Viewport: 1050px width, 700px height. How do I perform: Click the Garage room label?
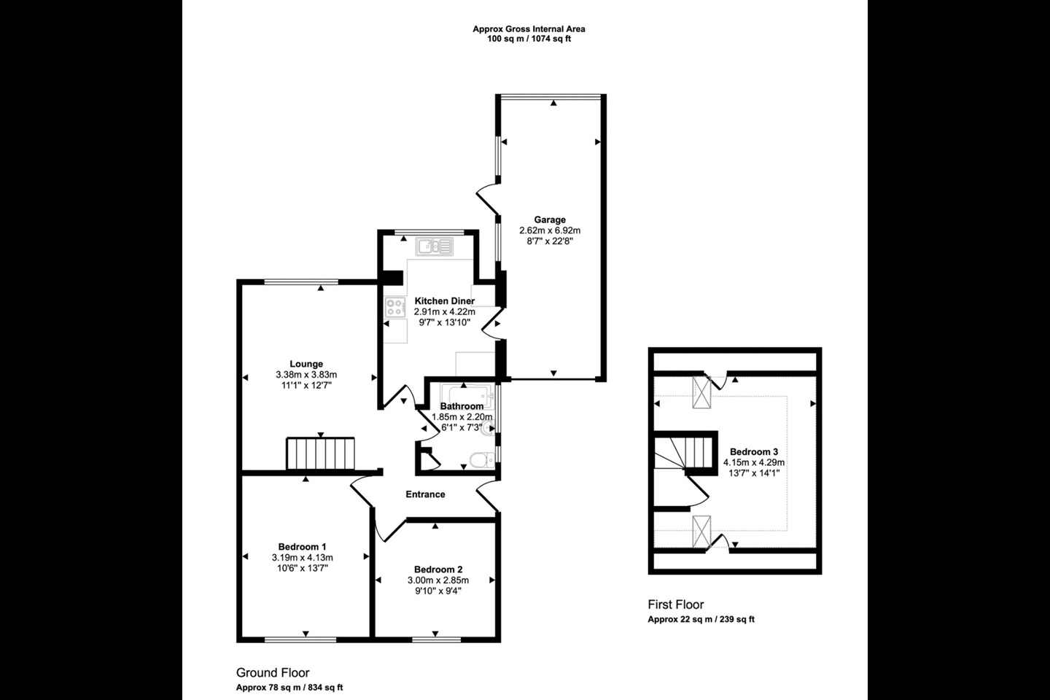(x=550, y=219)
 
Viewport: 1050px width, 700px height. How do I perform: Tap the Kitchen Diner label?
(x=444, y=301)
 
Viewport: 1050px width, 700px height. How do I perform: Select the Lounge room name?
(x=306, y=364)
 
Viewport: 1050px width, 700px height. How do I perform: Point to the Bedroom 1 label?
(x=303, y=547)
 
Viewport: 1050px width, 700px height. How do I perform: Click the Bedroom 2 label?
(x=438, y=569)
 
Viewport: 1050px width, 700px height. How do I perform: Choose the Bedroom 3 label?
(x=754, y=452)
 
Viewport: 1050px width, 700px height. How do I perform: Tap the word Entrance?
(x=425, y=494)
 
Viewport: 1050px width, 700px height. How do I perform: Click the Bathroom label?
(x=462, y=406)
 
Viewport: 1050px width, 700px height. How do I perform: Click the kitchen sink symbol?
(x=434, y=246)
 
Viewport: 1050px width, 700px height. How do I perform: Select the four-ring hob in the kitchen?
(x=394, y=307)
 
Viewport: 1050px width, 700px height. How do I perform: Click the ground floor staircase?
(x=321, y=454)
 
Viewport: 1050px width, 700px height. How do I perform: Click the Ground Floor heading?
(x=273, y=673)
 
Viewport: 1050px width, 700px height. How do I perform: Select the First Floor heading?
(x=676, y=604)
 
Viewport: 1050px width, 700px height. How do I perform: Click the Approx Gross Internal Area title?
(x=529, y=29)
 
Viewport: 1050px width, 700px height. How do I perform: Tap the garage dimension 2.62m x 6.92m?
(x=550, y=230)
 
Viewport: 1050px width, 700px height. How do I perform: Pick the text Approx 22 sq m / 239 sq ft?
(x=701, y=619)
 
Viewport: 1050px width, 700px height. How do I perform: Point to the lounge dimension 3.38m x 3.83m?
(x=306, y=375)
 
